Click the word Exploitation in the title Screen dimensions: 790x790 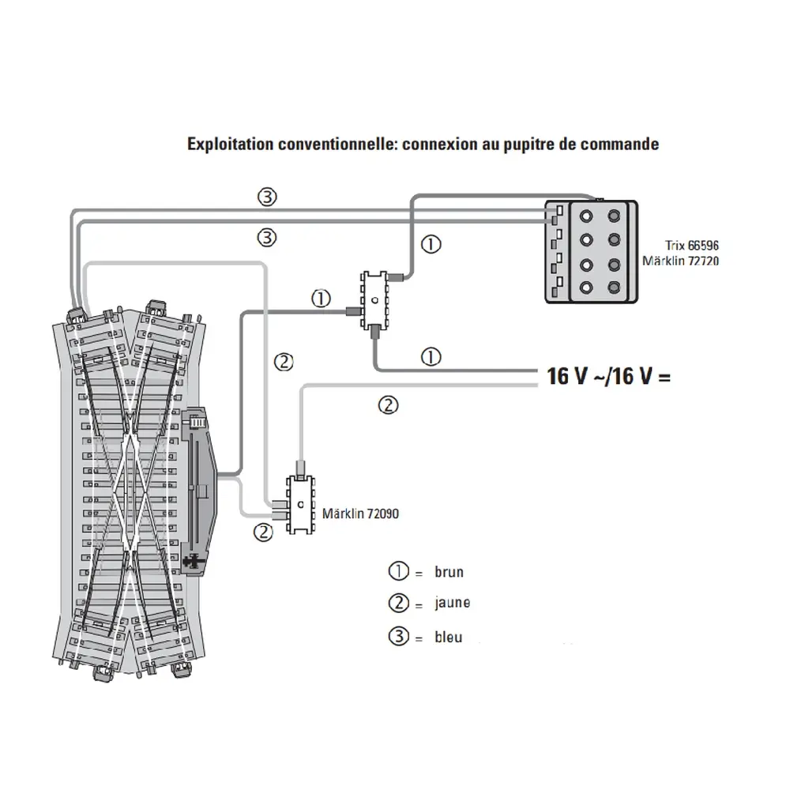[x=227, y=145]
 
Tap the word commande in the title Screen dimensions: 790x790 [x=623, y=145]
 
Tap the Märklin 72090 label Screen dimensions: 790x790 [x=360, y=513]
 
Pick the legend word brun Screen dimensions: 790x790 [x=449, y=572]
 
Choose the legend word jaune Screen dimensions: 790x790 [x=452, y=604]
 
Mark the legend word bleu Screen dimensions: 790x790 [x=448, y=637]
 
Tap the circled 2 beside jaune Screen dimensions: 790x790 [x=399, y=604]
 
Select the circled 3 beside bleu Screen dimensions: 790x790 [x=399, y=637]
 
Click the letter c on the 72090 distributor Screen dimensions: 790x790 [x=299, y=504]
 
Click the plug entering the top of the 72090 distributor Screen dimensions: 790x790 [x=300, y=467]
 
